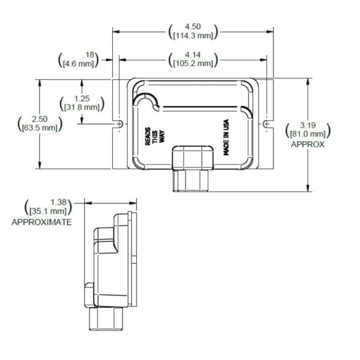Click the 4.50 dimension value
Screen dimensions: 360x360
point(193,26)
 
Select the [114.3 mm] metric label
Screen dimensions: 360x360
point(193,35)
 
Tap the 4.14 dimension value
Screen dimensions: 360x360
point(193,55)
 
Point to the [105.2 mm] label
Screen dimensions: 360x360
point(193,63)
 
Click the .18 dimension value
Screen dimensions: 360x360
point(90,55)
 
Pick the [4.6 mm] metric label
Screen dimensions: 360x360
point(79,63)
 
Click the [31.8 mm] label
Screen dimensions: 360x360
point(82,107)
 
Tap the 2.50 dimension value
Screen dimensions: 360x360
point(38,119)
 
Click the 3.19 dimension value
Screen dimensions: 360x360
point(308,125)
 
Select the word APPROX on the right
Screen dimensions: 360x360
point(307,145)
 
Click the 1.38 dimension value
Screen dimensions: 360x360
point(58,202)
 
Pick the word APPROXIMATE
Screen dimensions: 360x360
point(42,222)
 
